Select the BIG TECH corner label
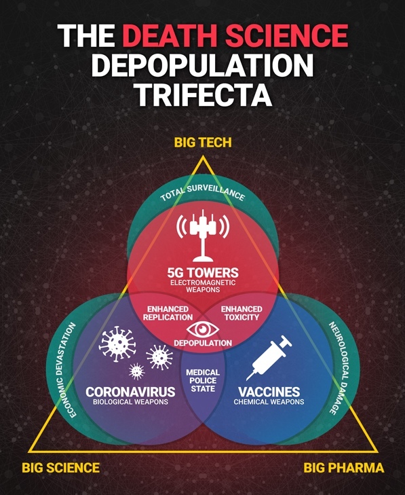tap(203, 143)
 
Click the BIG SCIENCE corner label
tap(60, 468)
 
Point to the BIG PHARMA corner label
tap(344, 468)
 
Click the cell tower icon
tap(202, 236)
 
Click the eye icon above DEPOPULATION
tap(202, 329)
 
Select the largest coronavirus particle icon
tap(117, 344)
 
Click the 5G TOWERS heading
tap(203, 272)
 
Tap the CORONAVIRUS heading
tap(130, 392)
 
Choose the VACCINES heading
tap(269, 392)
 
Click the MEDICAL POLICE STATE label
tap(203, 380)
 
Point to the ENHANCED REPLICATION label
tap(168, 313)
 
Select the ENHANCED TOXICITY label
tap(242, 313)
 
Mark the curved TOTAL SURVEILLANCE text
tap(202, 191)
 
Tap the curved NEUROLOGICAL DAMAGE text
tap(341, 368)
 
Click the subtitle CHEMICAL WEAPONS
tap(269, 402)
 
